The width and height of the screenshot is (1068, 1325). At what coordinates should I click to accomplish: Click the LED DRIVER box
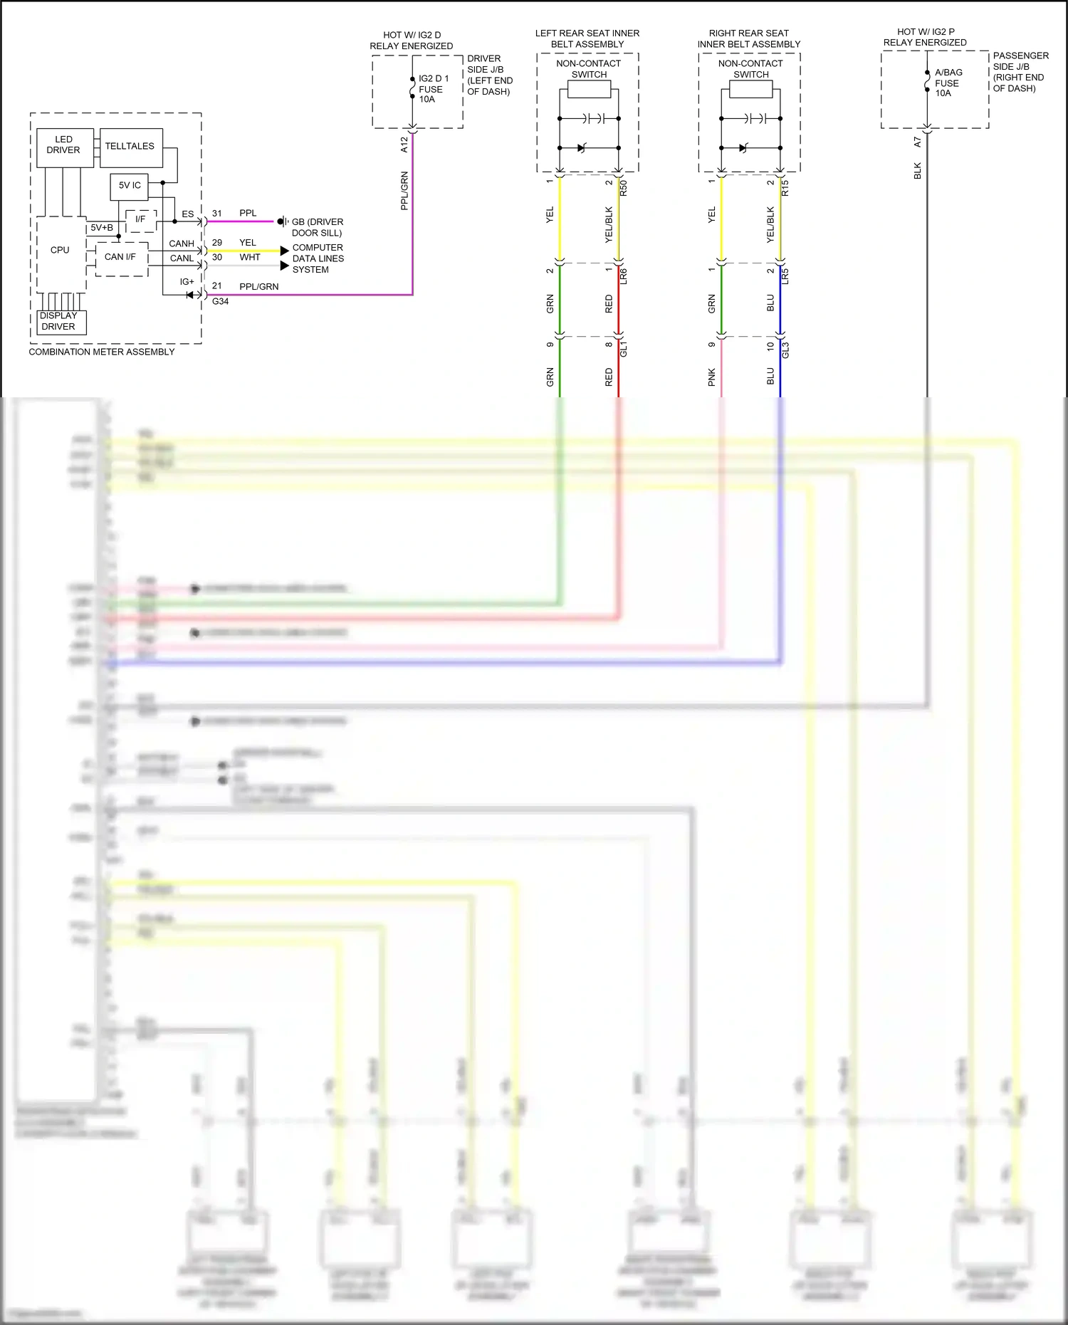(x=64, y=145)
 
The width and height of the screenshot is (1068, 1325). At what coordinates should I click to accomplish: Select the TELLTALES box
(x=130, y=146)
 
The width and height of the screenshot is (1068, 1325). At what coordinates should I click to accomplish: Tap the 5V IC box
(x=130, y=185)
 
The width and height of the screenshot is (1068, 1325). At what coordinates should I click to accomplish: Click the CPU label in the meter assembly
(x=60, y=250)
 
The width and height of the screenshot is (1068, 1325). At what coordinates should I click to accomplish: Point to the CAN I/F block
(x=120, y=257)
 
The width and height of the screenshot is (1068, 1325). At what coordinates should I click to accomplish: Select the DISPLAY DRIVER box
(x=59, y=321)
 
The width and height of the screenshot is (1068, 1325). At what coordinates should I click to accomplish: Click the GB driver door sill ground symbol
(x=283, y=221)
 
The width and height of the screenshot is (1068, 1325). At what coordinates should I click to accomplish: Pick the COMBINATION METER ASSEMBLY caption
(x=102, y=352)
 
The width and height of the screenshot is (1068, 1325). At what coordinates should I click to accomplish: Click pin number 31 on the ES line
(x=216, y=213)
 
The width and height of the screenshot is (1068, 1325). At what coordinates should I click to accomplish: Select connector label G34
(x=220, y=301)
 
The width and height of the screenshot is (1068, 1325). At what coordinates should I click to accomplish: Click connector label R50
(x=624, y=188)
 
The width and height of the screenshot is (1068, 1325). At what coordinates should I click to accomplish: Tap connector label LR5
(x=785, y=276)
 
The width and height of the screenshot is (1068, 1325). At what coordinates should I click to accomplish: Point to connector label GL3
(x=785, y=350)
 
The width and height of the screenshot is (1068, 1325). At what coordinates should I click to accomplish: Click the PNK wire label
(x=711, y=377)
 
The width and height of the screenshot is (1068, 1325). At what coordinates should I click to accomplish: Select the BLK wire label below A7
(x=918, y=171)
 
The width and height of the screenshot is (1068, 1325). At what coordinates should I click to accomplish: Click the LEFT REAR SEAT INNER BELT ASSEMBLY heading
(x=587, y=38)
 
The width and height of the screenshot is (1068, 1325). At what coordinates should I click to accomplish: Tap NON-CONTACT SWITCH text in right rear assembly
(x=750, y=68)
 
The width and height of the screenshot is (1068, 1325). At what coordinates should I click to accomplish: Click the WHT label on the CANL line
(x=250, y=257)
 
